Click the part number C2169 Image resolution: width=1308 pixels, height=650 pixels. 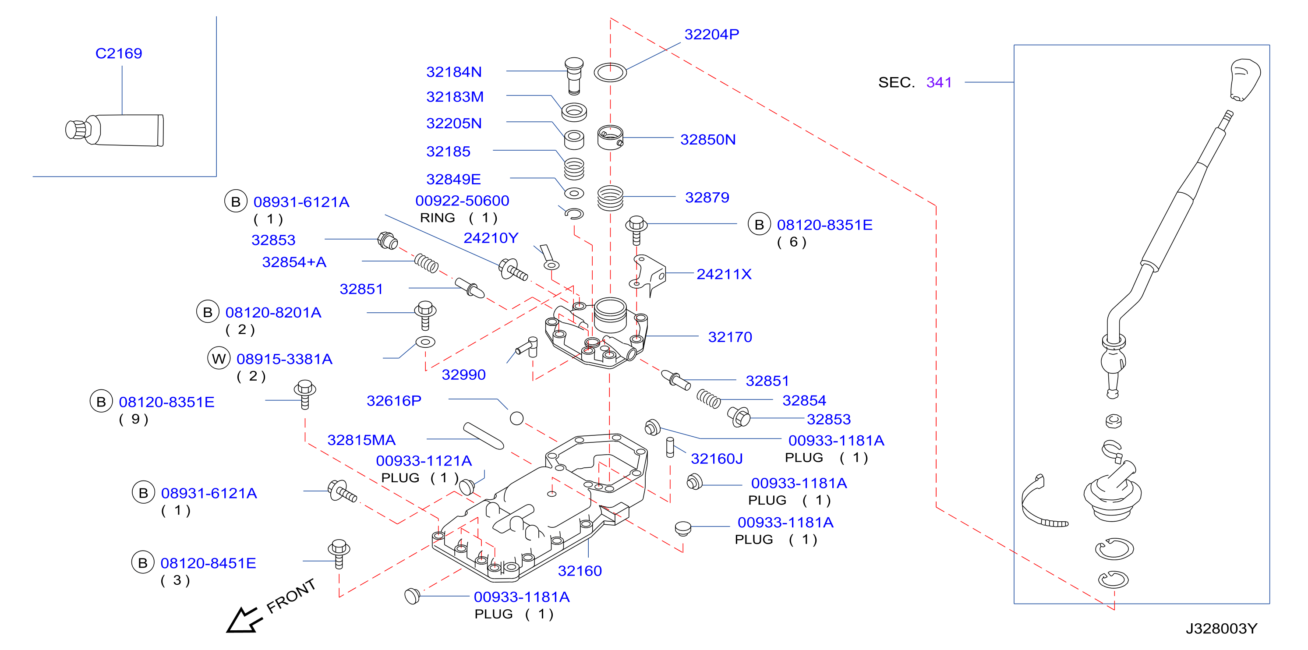click(119, 53)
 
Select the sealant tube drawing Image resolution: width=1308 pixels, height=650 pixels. click(115, 130)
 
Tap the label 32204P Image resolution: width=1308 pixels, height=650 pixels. click(711, 34)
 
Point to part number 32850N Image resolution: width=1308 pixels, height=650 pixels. click(708, 140)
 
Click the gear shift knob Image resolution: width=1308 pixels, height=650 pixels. click(1245, 80)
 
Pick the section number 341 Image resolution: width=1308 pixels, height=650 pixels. click(939, 82)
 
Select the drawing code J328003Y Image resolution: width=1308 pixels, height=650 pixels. click(1221, 629)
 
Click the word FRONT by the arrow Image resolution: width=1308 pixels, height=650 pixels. click(291, 596)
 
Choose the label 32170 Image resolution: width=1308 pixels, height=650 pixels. click(730, 337)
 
